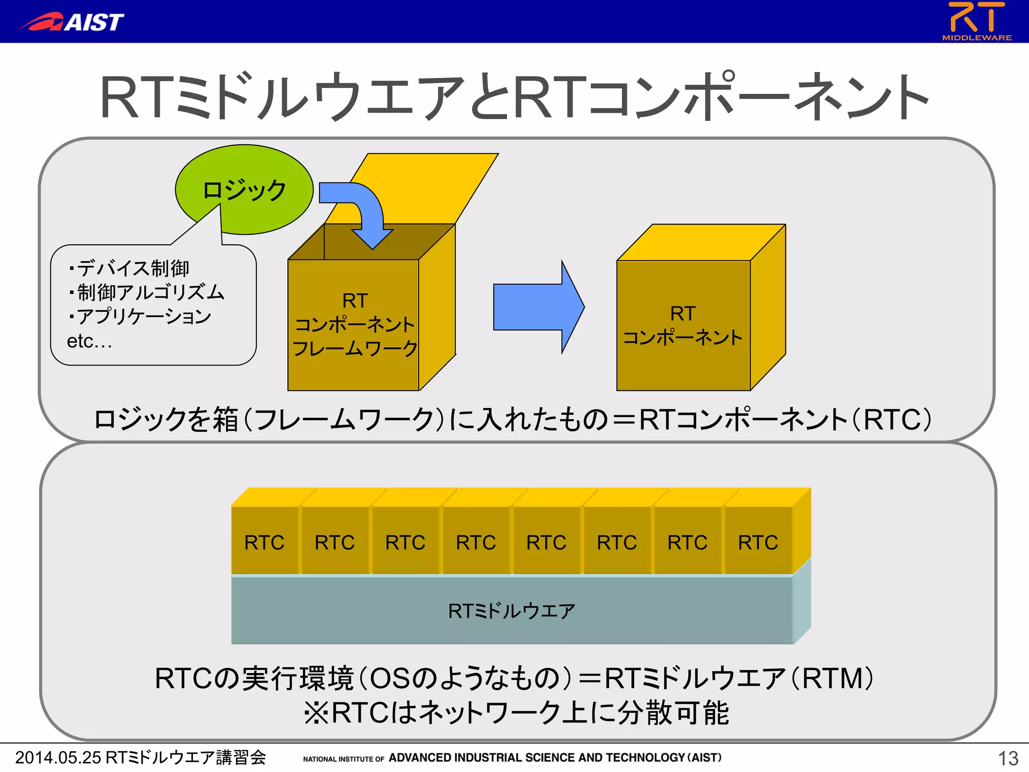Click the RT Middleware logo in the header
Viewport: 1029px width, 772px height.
point(976,21)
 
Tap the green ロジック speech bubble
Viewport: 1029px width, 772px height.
point(245,189)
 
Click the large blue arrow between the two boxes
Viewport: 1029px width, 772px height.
point(538,307)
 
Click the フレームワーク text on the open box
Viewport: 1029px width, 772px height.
point(354,348)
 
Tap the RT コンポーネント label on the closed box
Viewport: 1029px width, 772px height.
point(682,325)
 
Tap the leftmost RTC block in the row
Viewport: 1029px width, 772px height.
point(264,542)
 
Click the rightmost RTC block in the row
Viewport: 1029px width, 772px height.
point(758,542)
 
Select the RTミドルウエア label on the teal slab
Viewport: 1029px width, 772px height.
point(511,611)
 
